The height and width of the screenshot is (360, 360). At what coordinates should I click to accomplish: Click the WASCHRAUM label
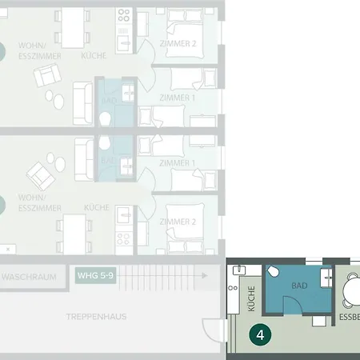[28, 277]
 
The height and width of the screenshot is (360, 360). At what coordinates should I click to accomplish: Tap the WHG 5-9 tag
[94, 277]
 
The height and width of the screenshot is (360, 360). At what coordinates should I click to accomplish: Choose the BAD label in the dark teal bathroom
[300, 286]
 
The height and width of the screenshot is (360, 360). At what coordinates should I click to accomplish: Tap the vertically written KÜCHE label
[251, 298]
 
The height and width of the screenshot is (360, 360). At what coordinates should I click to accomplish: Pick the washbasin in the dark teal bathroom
[327, 276]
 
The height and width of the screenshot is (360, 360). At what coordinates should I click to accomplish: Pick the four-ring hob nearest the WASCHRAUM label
[123, 238]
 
